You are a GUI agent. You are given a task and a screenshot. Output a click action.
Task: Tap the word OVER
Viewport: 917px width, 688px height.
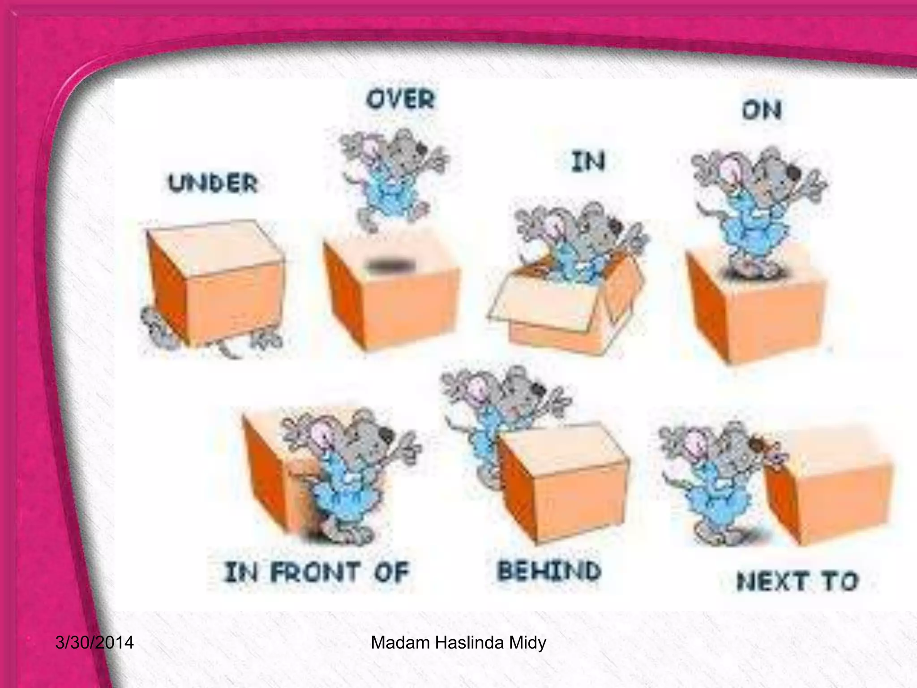(400, 99)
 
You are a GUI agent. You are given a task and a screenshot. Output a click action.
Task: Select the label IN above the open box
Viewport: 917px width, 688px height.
(588, 162)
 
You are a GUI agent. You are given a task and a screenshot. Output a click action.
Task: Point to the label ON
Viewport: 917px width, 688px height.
(762, 111)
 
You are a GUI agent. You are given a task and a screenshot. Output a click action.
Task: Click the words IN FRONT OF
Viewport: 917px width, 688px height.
(317, 573)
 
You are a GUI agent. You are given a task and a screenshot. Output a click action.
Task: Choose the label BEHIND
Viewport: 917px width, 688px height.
(549, 571)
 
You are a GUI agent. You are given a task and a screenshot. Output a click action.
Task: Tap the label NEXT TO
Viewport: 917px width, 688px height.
(797, 581)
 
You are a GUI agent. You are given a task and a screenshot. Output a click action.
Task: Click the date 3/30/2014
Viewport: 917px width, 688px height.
(94, 643)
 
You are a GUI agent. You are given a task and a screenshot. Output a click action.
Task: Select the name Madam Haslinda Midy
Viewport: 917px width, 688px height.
(458, 643)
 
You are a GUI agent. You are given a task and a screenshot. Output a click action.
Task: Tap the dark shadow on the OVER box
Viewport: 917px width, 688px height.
(389, 267)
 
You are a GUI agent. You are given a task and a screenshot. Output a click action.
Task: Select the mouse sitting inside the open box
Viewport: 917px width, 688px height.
(578, 246)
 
